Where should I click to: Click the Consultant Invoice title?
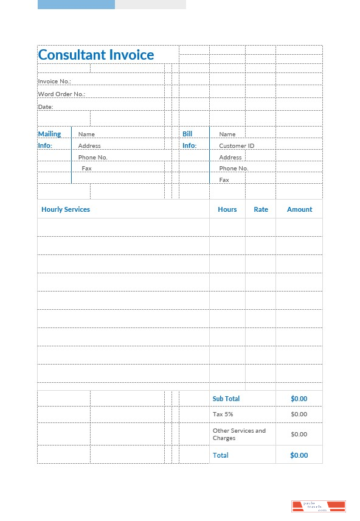click(x=96, y=55)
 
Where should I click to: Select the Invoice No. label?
click(x=55, y=81)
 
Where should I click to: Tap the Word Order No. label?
click(x=61, y=94)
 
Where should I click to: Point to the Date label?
click(x=46, y=107)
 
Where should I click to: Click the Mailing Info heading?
click(x=49, y=139)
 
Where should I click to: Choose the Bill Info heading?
click(x=189, y=139)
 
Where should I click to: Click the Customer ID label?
click(x=237, y=145)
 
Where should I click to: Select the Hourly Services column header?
click(x=66, y=209)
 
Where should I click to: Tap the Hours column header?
click(x=227, y=209)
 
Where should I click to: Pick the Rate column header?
click(x=261, y=209)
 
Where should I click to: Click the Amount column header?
click(x=299, y=209)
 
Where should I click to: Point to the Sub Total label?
click(x=226, y=399)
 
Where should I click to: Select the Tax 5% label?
click(x=223, y=414)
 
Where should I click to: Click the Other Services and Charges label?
click(x=239, y=434)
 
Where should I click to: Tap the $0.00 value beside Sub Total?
click(x=299, y=399)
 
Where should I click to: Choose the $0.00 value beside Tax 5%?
click(x=299, y=414)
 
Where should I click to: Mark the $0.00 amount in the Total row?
click(x=299, y=455)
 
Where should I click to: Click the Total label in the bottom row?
click(x=221, y=455)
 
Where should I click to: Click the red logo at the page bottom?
click(x=319, y=506)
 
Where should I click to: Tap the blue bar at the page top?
click(x=76, y=4)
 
